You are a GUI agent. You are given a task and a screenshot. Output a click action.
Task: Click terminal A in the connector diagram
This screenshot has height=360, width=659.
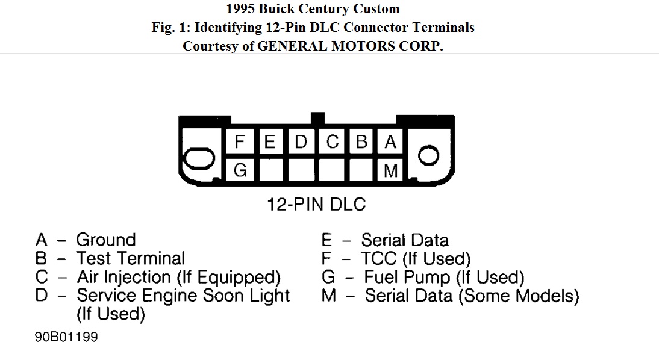(390, 142)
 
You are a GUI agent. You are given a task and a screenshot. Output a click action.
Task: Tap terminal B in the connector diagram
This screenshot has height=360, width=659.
(361, 142)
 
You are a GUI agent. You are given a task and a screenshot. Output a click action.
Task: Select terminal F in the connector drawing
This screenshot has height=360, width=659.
(240, 142)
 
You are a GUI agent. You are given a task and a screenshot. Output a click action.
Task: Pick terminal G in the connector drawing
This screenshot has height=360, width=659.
(240, 170)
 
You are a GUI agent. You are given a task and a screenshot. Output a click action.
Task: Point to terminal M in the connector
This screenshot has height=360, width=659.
(390, 171)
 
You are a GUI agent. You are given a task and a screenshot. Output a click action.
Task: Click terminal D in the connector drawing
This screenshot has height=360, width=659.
(301, 142)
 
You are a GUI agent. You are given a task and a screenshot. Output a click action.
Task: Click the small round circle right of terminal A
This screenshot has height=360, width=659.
(428, 155)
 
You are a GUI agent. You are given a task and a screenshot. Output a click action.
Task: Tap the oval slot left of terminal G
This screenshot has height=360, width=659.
(199, 160)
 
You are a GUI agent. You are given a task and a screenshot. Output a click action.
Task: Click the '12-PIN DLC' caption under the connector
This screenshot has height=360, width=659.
(316, 205)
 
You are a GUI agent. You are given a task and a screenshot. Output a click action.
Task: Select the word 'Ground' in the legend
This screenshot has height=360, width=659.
(105, 240)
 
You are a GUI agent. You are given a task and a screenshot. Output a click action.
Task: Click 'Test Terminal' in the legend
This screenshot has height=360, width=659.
(130, 258)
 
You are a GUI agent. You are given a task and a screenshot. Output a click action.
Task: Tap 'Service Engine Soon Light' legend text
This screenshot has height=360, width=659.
(183, 296)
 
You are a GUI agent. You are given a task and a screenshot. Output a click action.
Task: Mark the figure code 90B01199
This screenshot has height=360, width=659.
(66, 337)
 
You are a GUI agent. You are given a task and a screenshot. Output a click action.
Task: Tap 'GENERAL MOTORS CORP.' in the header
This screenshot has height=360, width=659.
(350, 46)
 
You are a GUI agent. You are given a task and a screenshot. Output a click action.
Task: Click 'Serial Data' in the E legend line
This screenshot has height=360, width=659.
(405, 240)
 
